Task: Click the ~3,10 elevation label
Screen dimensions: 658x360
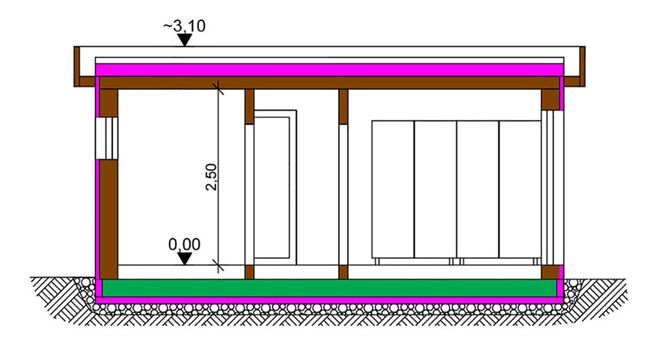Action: click(184, 26)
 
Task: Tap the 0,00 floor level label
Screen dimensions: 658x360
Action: click(184, 244)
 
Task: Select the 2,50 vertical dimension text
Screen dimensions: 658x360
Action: click(211, 177)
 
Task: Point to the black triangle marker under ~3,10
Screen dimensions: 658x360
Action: click(184, 40)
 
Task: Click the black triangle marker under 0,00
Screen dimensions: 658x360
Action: click(184, 258)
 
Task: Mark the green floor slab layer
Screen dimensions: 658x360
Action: click(330, 288)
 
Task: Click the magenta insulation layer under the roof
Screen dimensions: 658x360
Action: click(330, 70)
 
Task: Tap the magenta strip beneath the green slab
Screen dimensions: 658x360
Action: click(330, 300)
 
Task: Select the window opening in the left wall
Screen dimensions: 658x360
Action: click(107, 138)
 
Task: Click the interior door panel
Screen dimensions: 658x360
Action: click(272, 188)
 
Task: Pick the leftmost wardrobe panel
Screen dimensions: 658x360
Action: click(393, 189)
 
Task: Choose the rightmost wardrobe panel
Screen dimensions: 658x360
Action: click(520, 189)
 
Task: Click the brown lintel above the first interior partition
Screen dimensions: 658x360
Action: click(249, 107)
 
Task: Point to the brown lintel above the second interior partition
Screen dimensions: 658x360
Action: click(344, 107)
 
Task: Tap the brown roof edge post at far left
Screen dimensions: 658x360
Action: click(77, 66)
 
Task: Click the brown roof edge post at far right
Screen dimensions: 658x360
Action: click(583, 66)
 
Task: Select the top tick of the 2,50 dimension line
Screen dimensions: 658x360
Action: click(217, 88)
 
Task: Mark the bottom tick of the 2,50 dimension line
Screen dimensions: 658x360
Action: click(217, 265)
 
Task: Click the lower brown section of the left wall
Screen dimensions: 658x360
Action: click(108, 219)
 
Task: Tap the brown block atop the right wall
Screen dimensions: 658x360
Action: click(550, 100)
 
